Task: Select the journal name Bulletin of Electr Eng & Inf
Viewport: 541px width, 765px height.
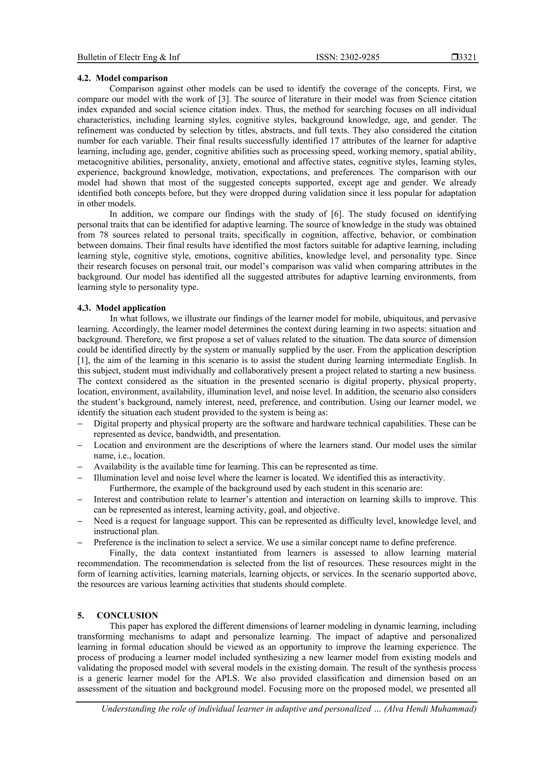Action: tap(128, 57)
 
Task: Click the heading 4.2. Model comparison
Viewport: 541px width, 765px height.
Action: tap(122, 78)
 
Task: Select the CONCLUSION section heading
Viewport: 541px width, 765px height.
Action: tap(127, 615)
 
